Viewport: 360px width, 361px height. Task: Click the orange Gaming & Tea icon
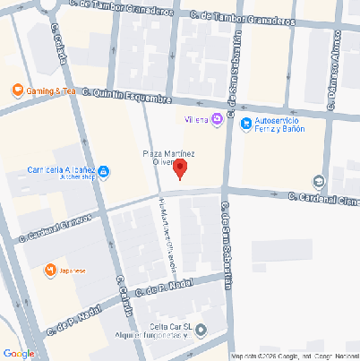(x=16, y=90)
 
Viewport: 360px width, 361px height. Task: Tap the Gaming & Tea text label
(x=50, y=91)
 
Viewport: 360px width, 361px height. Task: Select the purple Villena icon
(x=217, y=118)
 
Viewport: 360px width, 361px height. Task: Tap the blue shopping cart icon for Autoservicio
(x=245, y=124)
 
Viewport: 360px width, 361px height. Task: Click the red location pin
(x=180, y=168)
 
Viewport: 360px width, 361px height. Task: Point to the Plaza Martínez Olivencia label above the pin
(x=170, y=158)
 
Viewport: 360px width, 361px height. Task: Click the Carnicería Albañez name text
(x=63, y=168)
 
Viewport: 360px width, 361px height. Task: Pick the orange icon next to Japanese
(x=50, y=270)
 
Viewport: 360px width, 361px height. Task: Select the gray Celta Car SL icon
(x=201, y=329)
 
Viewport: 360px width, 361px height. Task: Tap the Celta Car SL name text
(x=171, y=325)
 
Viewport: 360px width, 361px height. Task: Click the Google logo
(x=19, y=353)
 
